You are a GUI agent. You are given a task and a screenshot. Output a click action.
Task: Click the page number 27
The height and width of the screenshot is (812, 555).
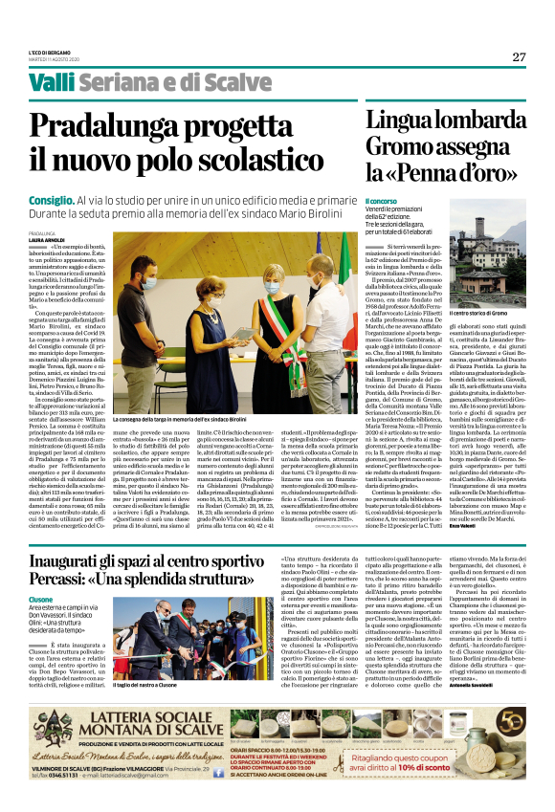point(519,57)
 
